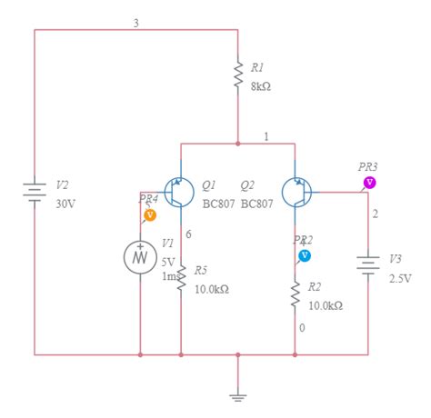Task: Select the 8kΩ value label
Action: click(260, 87)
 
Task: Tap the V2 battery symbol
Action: click(35, 193)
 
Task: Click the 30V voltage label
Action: click(65, 204)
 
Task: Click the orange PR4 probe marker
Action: click(151, 215)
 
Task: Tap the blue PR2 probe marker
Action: click(305, 255)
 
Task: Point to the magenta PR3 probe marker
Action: click(370, 183)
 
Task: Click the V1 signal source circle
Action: click(141, 257)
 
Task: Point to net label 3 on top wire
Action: click(136, 23)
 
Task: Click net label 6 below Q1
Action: click(188, 234)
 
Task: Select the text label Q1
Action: click(208, 184)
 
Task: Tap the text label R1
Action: click(257, 68)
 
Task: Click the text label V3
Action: click(396, 258)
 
